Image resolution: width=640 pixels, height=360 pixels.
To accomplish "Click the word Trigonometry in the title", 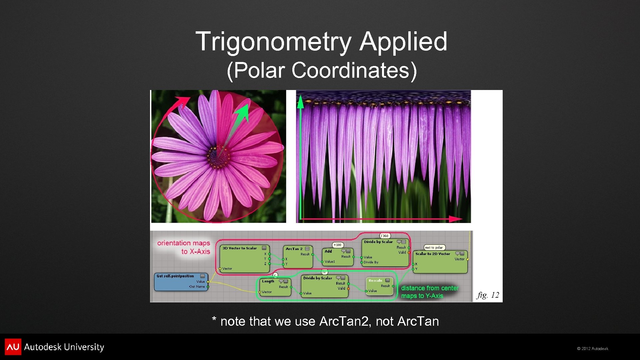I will (x=273, y=42).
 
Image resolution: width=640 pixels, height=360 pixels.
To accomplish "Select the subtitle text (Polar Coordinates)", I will (x=322, y=70).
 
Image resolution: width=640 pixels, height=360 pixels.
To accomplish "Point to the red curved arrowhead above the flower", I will (x=183, y=100).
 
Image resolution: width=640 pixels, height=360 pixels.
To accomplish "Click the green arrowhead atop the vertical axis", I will (x=300, y=102).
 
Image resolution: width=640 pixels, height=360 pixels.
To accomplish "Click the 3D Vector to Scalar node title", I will (x=240, y=248).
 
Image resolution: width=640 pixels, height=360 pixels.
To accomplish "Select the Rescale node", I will (x=379, y=286).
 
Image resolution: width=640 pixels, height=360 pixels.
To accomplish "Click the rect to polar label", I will (x=434, y=247).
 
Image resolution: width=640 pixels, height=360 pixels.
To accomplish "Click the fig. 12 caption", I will (x=488, y=295).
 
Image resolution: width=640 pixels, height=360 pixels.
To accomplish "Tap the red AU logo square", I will (x=13, y=347).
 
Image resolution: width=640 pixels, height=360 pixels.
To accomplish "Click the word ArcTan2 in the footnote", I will (x=344, y=321).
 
